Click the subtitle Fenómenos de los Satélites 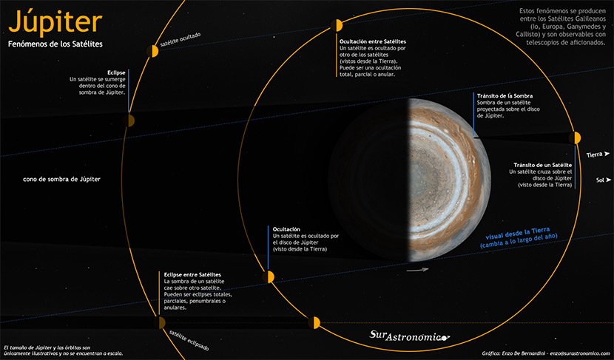click(x=55, y=45)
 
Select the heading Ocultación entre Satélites click(x=372, y=41)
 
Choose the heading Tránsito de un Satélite click(x=542, y=164)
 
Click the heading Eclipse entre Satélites click(x=192, y=275)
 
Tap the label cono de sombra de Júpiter click(x=61, y=179)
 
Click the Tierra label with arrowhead click(x=598, y=154)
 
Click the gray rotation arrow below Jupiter click(x=418, y=270)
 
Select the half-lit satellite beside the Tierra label click(x=576, y=137)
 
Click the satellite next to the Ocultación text click(x=269, y=276)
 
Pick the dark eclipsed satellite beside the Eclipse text click(x=129, y=120)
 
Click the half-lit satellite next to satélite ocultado click(x=155, y=50)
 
